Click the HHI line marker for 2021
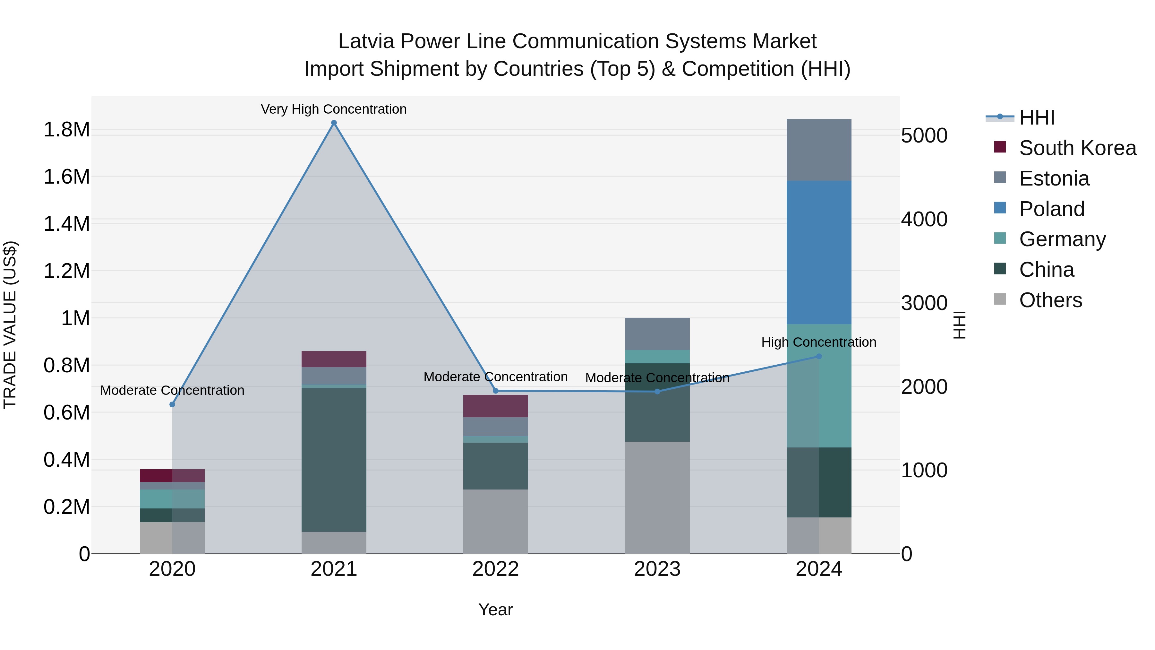[x=334, y=123]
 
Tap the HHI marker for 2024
[x=819, y=357]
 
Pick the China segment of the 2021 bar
[x=334, y=460]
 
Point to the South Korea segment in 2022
[x=495, y=406]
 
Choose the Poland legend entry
[x=1051, y=209]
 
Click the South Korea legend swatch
[x=1000, y=147]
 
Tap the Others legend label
[x=1050, y=300]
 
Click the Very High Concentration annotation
[x=334, y=109]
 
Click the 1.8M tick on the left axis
[x=66, y=130]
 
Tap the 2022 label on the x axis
[x=495, y=569]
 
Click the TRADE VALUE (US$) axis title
[x=10, y=325]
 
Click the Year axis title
[x=495, y=610]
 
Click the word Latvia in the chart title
[x=366, y=41]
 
